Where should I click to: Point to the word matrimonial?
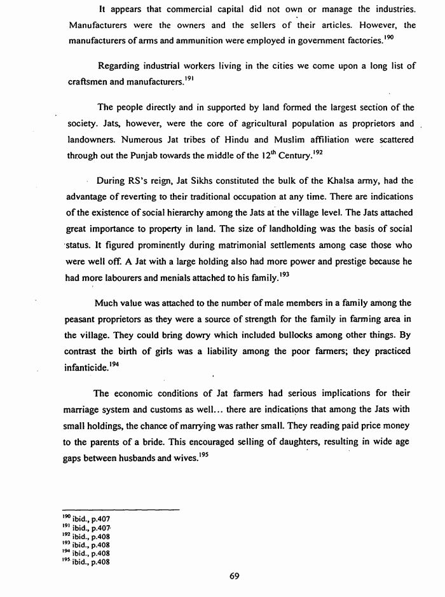(x=218, y=244)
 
